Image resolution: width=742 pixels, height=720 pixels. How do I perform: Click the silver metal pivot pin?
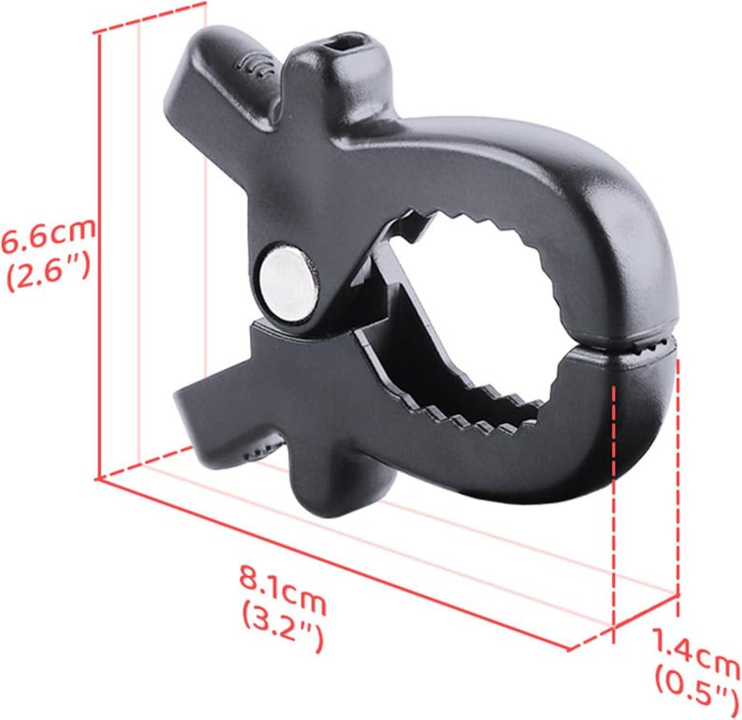pyautogui.click(x=285, y=281)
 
